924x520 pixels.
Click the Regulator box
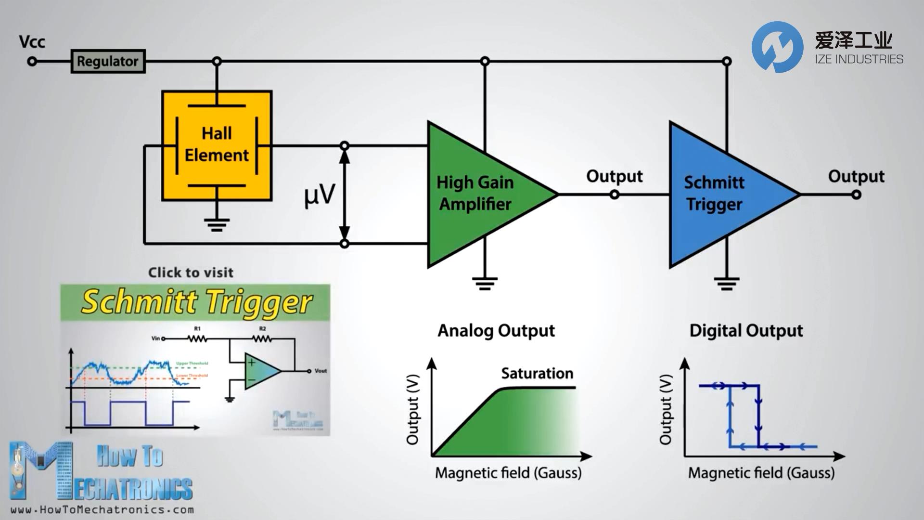click(108, 61)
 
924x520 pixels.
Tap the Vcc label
click(32, 42)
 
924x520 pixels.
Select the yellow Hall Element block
click(217, 145)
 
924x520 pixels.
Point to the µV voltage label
click(319, 195)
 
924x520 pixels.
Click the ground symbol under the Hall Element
click(217, 224)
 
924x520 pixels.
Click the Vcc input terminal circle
click(32, 61)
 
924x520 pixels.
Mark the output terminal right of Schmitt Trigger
click(856, 195)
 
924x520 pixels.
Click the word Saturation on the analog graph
click(537, 373)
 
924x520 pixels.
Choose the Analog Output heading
click(496, 331)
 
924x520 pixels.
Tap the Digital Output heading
click(746, 331)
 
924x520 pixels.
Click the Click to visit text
click(191, 273)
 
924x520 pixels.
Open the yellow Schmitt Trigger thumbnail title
click(196, 302)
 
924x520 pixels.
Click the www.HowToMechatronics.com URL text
click(102, 509)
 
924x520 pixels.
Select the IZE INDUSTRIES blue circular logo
click(777, 47)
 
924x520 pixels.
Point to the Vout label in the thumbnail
click(321, 371)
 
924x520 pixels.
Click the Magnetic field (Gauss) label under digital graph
click(761, 473)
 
